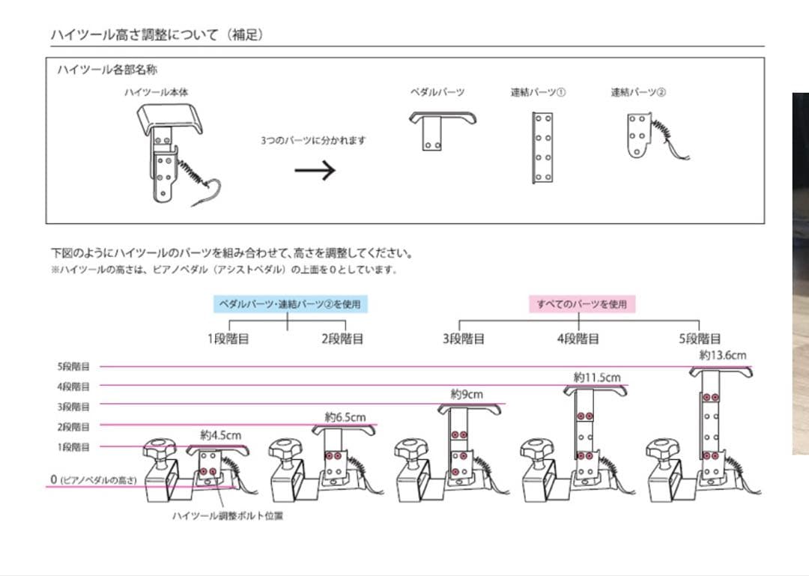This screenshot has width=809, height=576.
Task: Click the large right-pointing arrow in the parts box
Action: click(315, 171)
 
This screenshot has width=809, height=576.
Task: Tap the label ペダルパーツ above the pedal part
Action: click(437, 92)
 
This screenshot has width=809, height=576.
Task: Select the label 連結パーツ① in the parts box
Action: click(538, 92)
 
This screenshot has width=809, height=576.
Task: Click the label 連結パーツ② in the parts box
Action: click(638, 92)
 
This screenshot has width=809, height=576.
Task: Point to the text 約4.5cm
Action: click(221, 434)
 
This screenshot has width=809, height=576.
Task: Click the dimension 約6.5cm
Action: click(345, 416)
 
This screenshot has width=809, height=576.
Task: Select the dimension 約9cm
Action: click(467, 393)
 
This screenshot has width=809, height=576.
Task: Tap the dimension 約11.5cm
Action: click(597, 378)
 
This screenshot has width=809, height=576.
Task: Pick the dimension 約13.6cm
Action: click(723, 355)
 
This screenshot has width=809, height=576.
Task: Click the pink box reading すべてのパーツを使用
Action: click(582, 304)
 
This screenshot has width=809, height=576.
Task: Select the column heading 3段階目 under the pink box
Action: click(464, 339)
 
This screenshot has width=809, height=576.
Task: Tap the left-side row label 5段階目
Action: click(73, 367)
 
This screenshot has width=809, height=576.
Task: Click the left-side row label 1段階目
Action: click(73, 447)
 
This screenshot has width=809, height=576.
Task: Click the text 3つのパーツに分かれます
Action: click(313, 140)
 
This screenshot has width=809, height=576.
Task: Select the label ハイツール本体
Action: click(156, 92)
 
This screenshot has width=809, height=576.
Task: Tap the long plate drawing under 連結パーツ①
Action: click(542, 148)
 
